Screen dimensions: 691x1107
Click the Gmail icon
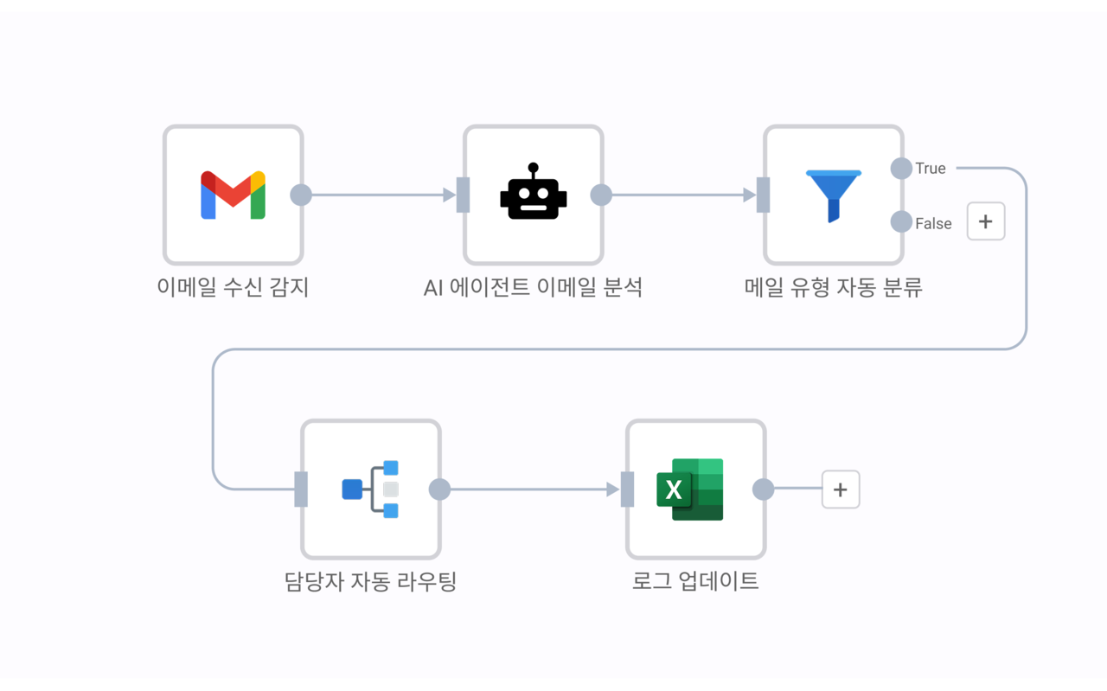pos(233,195)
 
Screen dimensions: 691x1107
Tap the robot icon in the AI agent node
pos(533,192)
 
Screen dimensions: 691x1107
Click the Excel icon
pos(689,489)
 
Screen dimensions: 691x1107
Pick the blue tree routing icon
pos(370,489)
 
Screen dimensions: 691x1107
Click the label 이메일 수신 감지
pos(233,287)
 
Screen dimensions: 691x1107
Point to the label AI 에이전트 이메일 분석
pos(533,287)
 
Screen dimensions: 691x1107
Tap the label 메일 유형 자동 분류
pos(834,287)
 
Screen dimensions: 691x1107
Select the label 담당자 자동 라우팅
pos(370,581)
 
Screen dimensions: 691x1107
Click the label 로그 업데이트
pos(695,581)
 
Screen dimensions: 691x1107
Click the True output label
pos(931,169)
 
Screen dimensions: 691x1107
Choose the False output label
pos(933,224)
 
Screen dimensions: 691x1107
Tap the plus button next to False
pos(986,221)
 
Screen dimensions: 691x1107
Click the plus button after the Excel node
pos(840,489)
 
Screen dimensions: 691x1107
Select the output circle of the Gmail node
pos(301,195)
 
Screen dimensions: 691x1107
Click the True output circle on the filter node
pos(901,168)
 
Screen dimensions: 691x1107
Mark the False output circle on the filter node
pos(901,222)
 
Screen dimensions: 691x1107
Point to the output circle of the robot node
pos(601,195)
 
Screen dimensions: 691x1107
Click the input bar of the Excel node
pos(628,489)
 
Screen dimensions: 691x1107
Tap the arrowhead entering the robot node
pos(449,195)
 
